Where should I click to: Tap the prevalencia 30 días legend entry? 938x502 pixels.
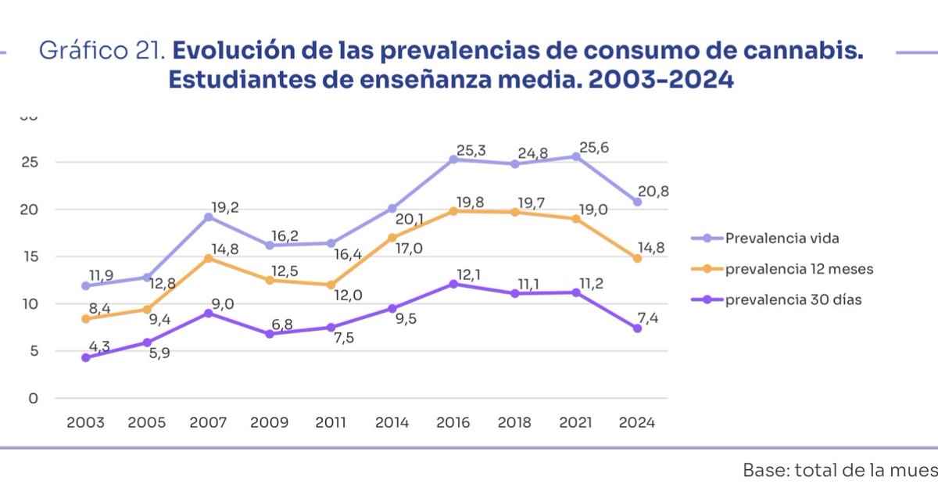click(x=782, y=299)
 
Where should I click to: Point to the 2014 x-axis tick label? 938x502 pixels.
click(x=392, y=422)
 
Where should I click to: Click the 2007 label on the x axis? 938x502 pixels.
click(x=208, y=422)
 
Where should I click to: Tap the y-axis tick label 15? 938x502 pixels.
click(x=29, y=256)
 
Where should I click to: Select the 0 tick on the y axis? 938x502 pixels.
click(x=33, y=398)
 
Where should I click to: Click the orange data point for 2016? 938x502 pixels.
click(x=453, y=210)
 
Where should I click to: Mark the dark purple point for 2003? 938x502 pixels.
click(x=85, y=357)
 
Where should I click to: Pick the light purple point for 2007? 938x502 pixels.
click(x=209, y=217)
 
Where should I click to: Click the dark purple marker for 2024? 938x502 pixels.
click(x=638, y=328)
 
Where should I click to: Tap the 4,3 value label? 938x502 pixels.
click(x=98, y=344)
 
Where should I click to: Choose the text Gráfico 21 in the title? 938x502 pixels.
click(x=102, y=52)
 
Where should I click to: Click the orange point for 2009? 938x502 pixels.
click(x=270, y=280)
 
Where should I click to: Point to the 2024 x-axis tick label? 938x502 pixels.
click(x=638, y=422)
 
